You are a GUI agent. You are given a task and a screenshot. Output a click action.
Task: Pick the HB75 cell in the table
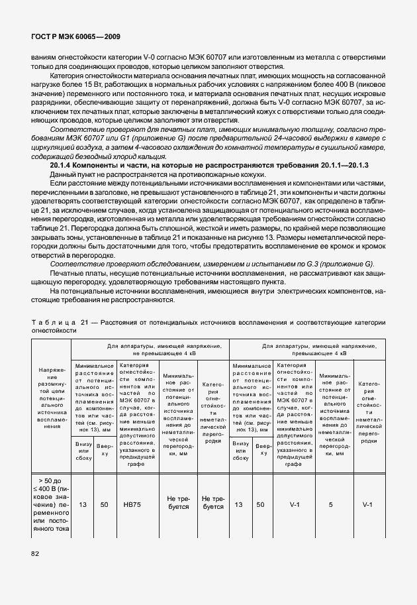[132, 505]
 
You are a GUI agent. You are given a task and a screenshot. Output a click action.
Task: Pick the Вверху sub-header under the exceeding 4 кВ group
[261, 449]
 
